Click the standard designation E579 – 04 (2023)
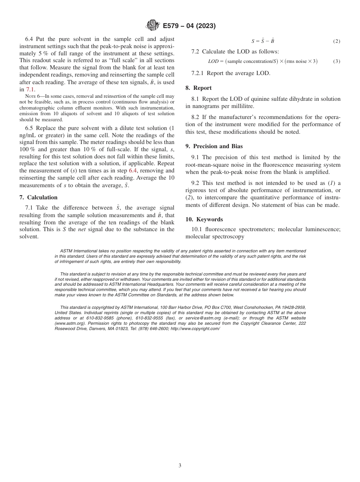pos(189,26)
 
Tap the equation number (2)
pos(337,41)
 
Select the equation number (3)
pos(337,61)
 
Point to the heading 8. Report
pos(199,88)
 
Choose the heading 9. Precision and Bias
pos(214,146)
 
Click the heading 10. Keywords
pos(204,219)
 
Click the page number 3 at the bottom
pos(180,466)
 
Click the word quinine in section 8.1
pos(262,99)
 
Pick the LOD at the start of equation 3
pos(213,61)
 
